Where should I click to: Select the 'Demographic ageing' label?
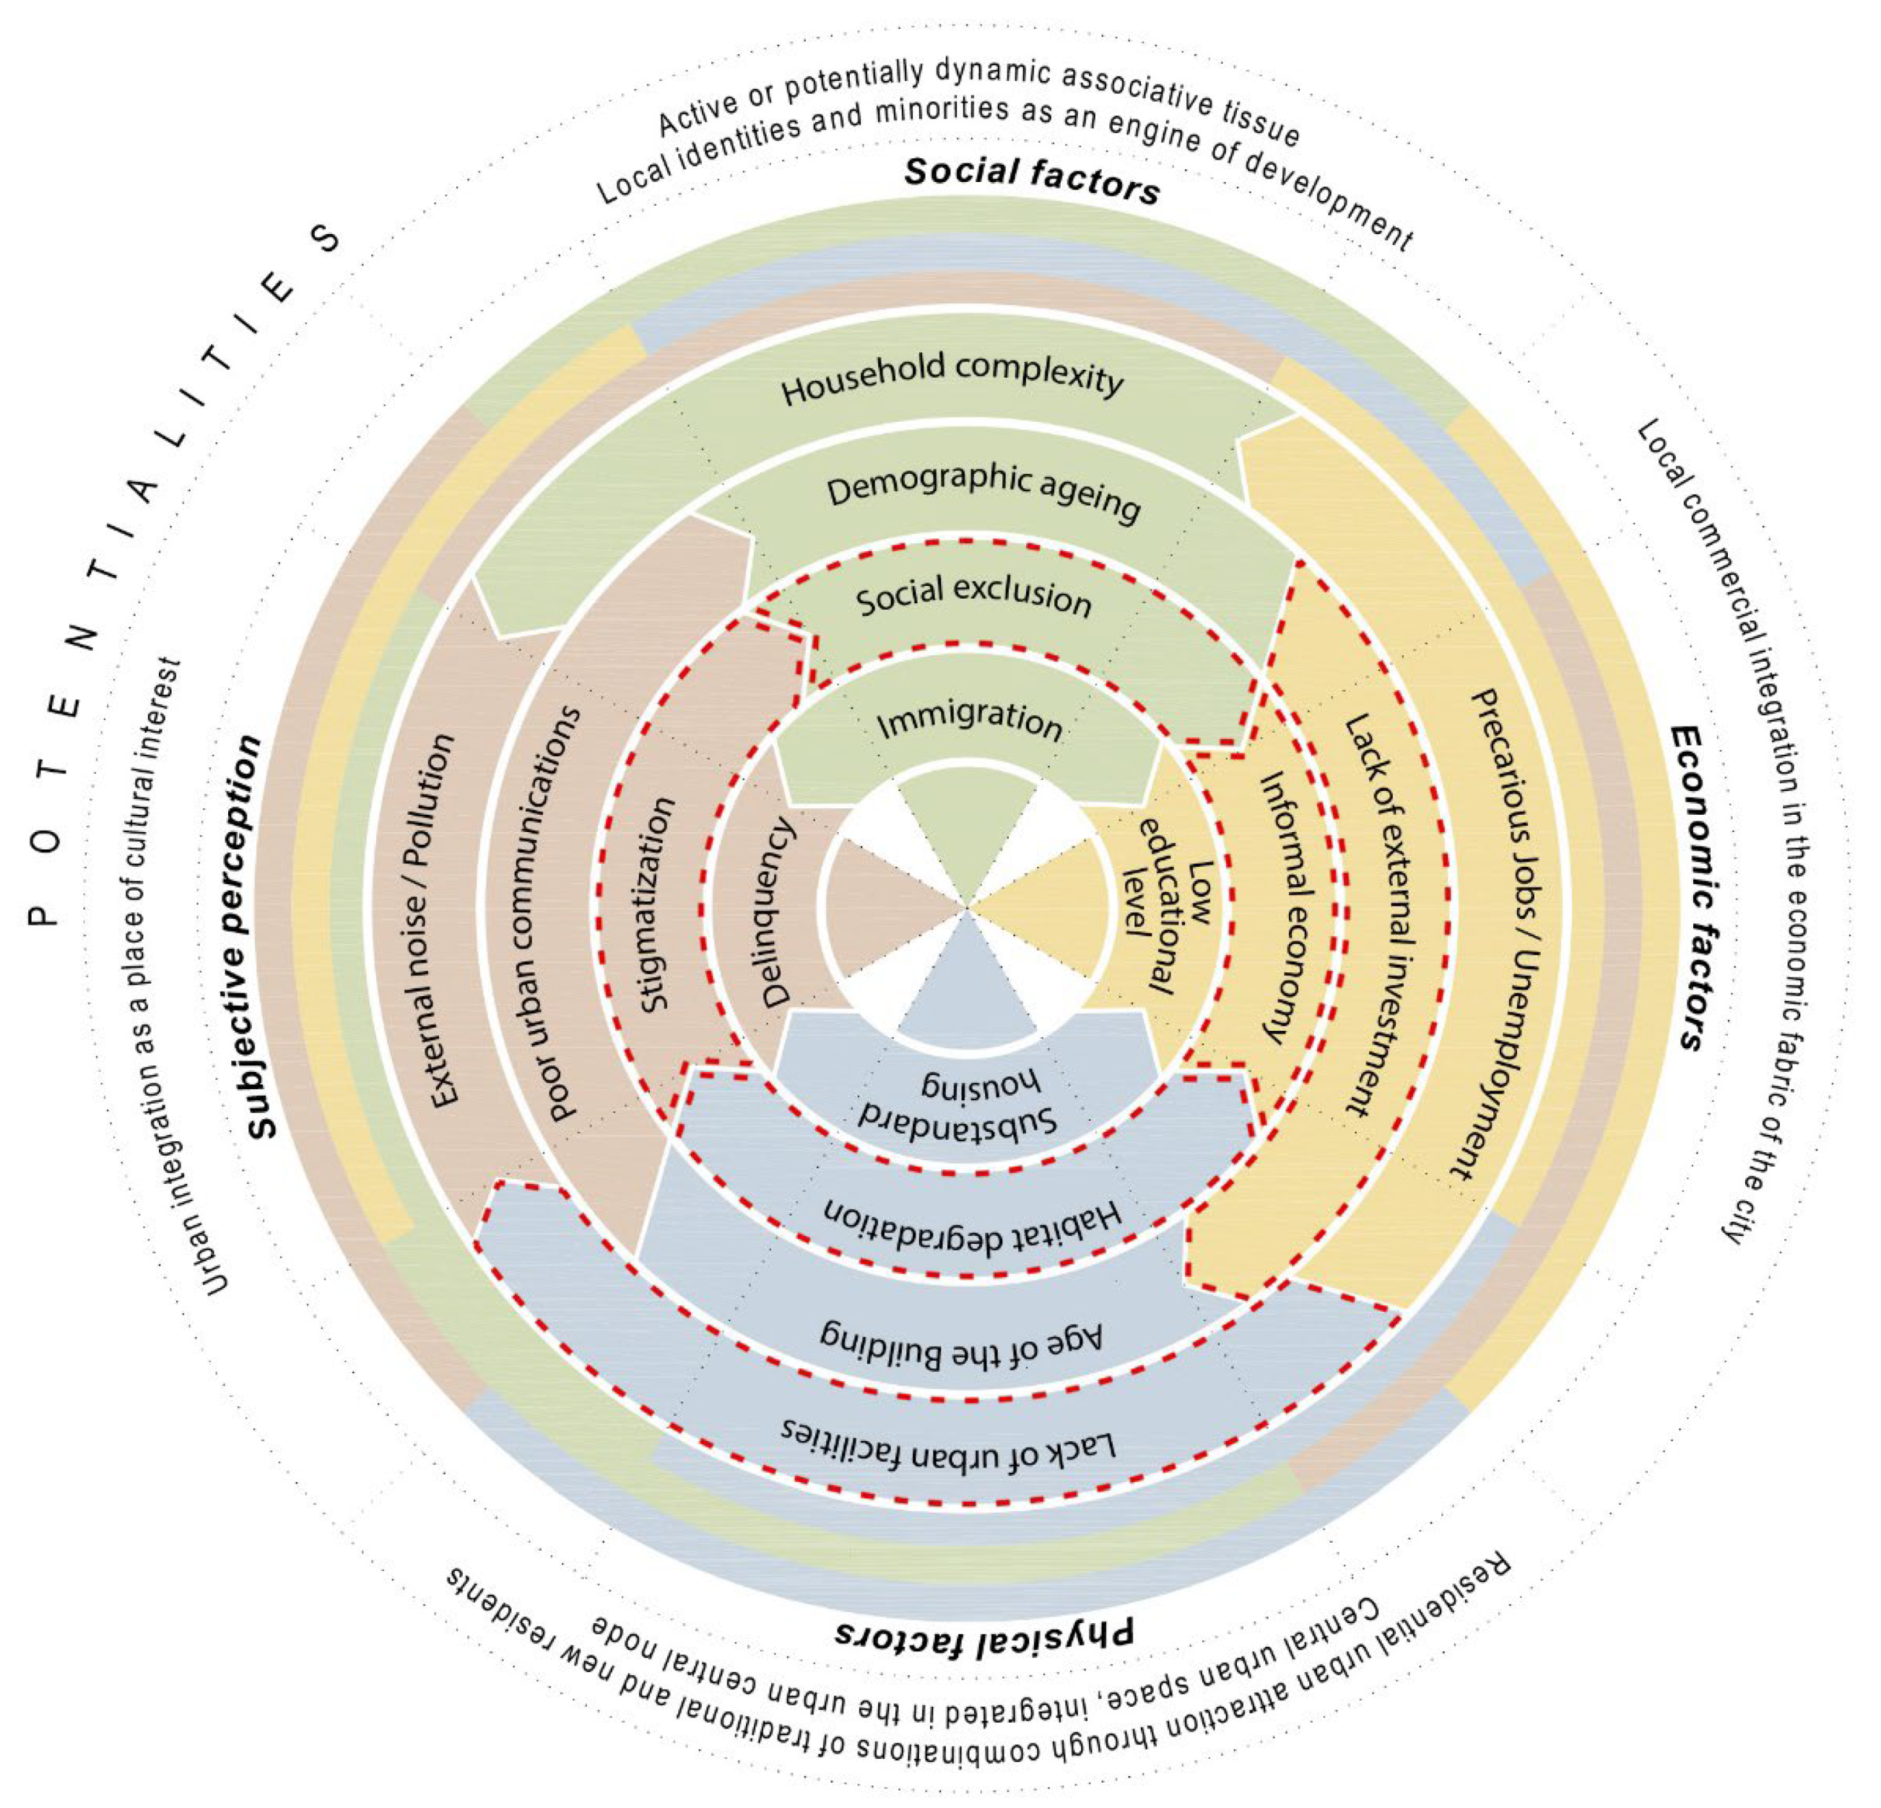pyautogui.click(x=983, y=495)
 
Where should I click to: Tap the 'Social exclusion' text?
pyautogui.click(x=973, y=597)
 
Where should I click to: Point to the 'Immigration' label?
pyautogui.click(x=969, y=720)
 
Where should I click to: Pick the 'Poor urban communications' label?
pyautogui.click(x=565, y=912)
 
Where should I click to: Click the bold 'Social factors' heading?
pyautogui.click(x=1032, y=178)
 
